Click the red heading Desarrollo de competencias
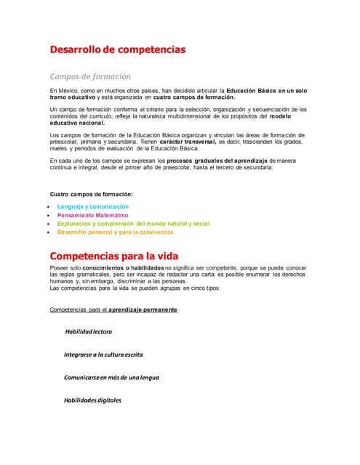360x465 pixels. (117, 49)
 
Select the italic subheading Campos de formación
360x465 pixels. (89, 76)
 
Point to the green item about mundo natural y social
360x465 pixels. (133, 224)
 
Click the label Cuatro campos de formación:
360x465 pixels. (91, 194)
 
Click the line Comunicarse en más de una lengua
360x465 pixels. (111, 377)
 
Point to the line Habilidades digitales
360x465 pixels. (92, 400)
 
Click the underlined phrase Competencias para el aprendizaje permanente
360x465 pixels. (113, 310)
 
